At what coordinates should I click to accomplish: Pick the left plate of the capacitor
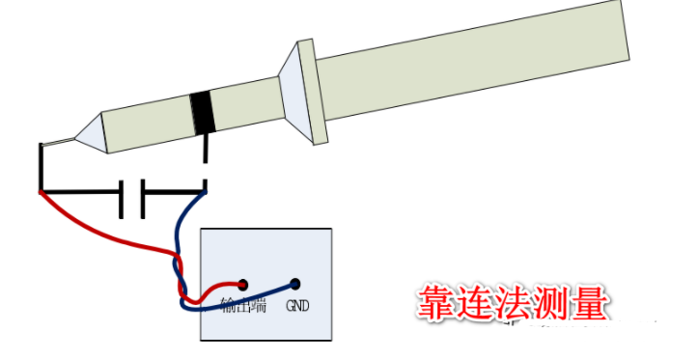[123, 196]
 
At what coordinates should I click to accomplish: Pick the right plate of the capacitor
[143, 196]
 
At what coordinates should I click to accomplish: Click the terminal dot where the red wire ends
[243, 285]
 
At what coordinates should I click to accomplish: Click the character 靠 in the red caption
[435, 303]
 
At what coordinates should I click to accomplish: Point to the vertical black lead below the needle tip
[41, 169]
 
